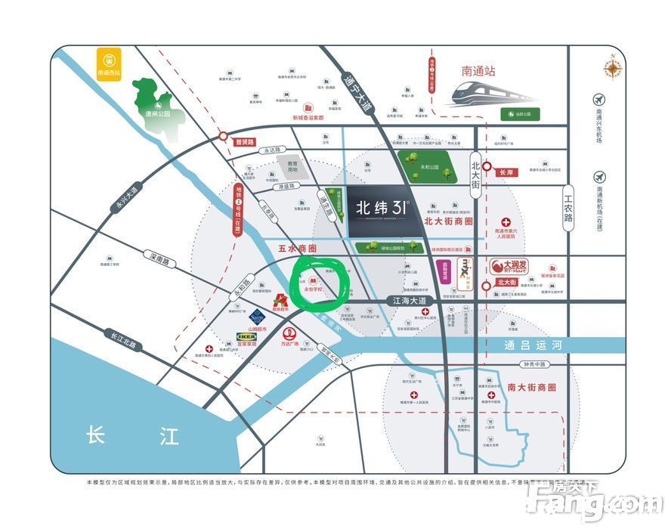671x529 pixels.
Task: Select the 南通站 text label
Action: click(478, 71)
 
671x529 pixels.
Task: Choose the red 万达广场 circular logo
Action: click(289, 333)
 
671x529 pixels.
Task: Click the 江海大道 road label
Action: click(409, 300)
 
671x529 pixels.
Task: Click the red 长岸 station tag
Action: click(506, 172)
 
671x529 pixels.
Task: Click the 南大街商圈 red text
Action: click(531, 387)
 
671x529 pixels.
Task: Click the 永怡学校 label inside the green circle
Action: click(314, 289)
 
